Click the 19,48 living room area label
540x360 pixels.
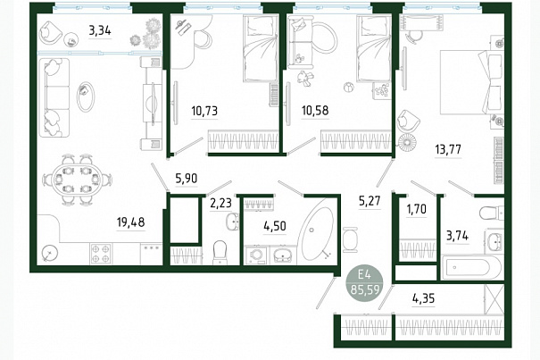coord(130,222)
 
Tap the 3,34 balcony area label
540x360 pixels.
coord(100,31)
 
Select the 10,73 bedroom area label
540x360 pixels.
coord(204,111)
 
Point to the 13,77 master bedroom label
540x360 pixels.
coord(448,150)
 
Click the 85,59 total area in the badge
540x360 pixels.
coord(365,289)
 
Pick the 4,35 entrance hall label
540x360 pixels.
coord(423,298)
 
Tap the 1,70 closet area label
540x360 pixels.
coord(416,209)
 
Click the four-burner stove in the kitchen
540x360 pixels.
coord(101,254)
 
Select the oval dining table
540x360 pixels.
coord(77,180)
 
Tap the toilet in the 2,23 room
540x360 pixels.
coord(220,253)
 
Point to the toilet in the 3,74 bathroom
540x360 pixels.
coord(492,213)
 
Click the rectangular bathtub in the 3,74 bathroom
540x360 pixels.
coord(471,268)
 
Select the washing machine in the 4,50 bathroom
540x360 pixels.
coord(256,255)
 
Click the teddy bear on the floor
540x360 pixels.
coord(305,77)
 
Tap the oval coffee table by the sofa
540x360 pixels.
coord(85,96)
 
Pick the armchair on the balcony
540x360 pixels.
coord(51,32)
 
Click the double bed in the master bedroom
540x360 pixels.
coord(471,82)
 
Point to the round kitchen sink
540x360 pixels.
coord(50,255)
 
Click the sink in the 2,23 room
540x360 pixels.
coord(234,221)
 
